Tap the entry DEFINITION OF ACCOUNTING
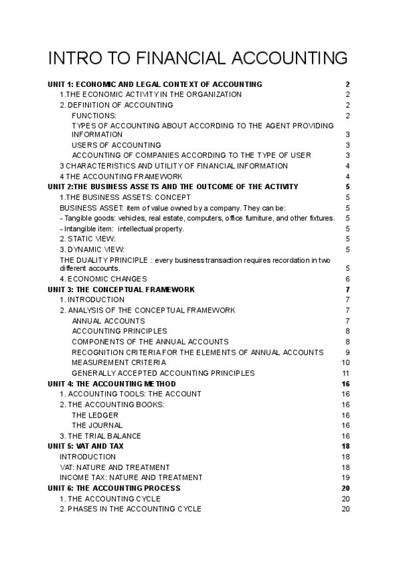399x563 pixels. [116, 105]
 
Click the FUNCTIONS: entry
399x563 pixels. [94, 116]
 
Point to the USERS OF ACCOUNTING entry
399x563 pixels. [116, 145]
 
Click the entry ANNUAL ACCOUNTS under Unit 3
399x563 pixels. [108, 321]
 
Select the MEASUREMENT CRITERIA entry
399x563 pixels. [118, 362]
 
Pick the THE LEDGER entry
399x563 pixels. [95, 415]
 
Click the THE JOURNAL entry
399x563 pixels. [97, 426]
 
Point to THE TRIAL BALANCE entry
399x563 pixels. [100, 436]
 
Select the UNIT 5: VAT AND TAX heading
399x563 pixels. [85, 446]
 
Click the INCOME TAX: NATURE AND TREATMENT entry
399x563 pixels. [131, 477]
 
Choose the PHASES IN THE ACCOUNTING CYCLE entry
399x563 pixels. [130, 509]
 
